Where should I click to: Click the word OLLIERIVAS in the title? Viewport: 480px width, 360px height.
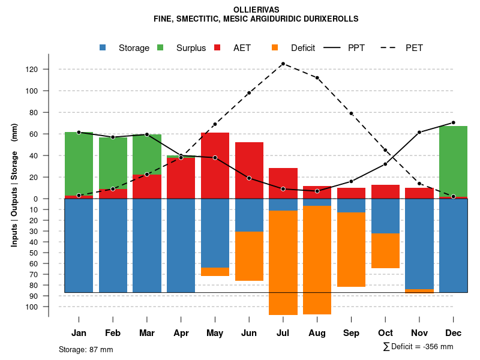pos(256,10)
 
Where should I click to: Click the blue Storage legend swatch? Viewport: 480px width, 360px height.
pos(104,48)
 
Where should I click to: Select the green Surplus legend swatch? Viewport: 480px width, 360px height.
pos(160,48)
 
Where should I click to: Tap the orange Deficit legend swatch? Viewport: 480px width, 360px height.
pos(275,48)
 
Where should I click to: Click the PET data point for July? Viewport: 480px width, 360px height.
pos(283,64)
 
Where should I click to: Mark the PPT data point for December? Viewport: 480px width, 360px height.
pos(453,122)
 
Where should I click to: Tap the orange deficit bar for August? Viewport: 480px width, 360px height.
pos(317,260)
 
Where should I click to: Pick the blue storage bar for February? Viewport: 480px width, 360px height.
pos(113,245)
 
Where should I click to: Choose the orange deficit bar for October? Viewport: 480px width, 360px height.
pos(385,251)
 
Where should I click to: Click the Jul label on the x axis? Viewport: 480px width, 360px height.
pos(283,333)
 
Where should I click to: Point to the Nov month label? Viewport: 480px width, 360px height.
pos(419,333)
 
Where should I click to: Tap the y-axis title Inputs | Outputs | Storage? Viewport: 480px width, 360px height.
pos(14,190)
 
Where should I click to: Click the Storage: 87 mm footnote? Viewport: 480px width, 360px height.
pos(86,349)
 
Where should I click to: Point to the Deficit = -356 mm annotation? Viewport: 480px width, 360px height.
pos(418,346)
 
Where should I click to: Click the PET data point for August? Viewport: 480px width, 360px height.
pos(317,77)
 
